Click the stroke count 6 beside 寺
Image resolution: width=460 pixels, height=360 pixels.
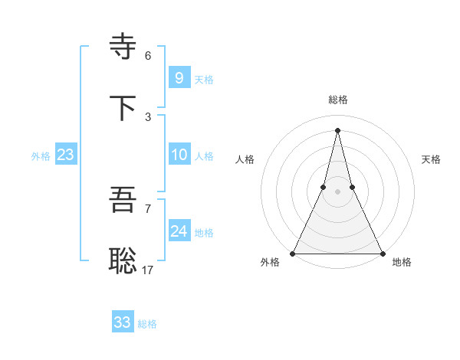point(148,56)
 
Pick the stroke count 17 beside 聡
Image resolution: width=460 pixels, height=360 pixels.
point(148,270)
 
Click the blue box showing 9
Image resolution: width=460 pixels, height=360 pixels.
point(179,77)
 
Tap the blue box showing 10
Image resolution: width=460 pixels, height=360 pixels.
point(179,155)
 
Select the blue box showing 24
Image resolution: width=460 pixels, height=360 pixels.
point(179,231)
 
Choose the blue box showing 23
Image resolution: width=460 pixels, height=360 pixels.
point(66,155)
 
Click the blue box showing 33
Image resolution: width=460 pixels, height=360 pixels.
point(122,322)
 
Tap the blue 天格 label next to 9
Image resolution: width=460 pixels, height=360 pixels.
point(204,79)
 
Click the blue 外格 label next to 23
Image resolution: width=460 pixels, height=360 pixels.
point(41,156)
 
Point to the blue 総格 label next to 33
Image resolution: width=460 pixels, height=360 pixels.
point(147,324)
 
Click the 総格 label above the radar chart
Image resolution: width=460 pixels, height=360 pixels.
point(338,100)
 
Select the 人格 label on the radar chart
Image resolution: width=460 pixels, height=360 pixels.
point(245,159)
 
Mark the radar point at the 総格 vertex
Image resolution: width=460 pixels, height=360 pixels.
point(337,129)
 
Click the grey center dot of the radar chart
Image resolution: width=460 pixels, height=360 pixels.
point(337,191)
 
